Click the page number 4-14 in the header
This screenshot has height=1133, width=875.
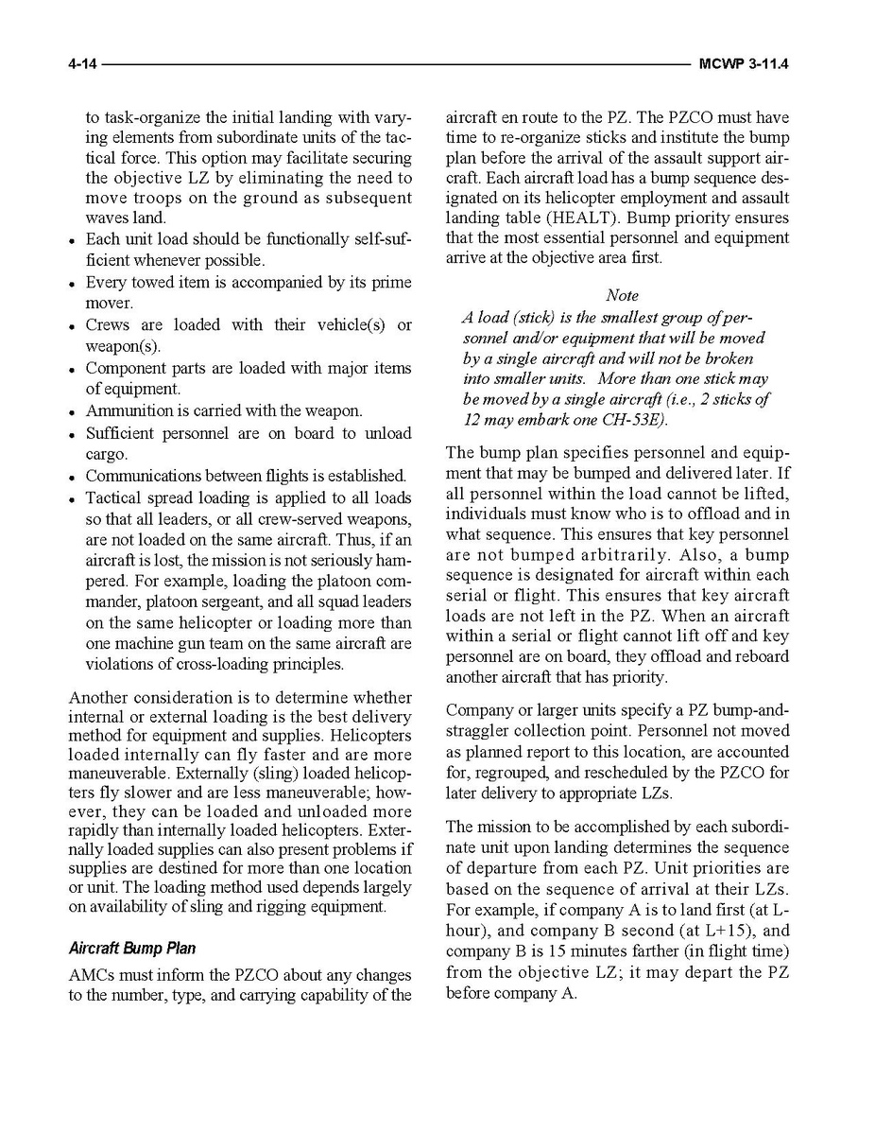coord(82,65)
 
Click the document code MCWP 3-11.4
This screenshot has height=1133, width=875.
coord(745,65)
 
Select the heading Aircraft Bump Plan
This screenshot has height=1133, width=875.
coord(132,949)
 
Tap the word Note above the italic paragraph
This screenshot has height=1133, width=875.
coord(622,295)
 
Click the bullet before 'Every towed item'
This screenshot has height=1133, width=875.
coord(73,284)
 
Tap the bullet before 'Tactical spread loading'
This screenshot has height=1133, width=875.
coord(73,499)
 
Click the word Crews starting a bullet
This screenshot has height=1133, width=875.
coord(108,325)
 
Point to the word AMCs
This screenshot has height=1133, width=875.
coord(93,974)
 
